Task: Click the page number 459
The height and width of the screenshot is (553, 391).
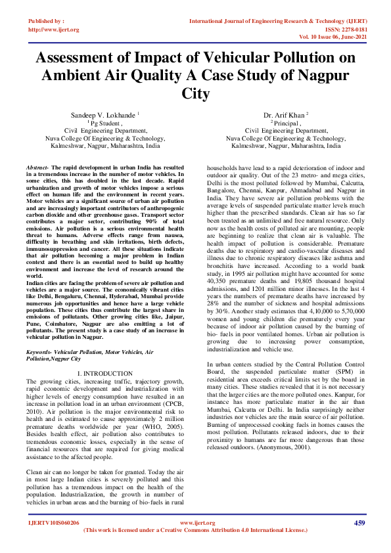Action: [x=359, y=523]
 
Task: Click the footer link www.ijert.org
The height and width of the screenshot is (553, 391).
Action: [x=198, y=523]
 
